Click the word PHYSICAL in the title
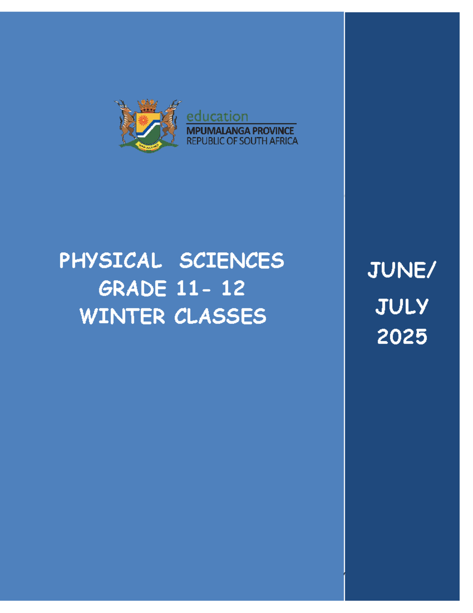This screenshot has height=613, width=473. pyautogui.click(x=110, y=261)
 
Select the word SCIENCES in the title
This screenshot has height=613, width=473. pyautogui.click(x=231, y=261)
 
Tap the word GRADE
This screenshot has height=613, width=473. pyautogui.click(x=132, y=289)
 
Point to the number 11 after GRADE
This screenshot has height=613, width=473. pyautogui.click(x=187, y=289)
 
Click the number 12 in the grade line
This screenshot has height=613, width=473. pyautogui.click(x=233, y=289)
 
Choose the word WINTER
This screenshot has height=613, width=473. pyautogui.click(x=122, y=317)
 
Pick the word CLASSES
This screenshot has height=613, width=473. pyautogui.click(x=220, y=317)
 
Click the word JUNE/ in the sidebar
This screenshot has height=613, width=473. pyautogui.click(x=402, y=270)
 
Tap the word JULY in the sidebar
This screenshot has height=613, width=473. pyautogui.click(x=402, y=307)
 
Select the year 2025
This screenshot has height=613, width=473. pyautogui.click(x=402, y=337)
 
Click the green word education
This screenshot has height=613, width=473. pyautogui.click(x=217, y=116)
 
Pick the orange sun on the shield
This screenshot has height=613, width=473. pyautogui.click(x=142, y=120)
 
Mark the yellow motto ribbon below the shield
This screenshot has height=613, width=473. pyautogui.click(x=148, y=146)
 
